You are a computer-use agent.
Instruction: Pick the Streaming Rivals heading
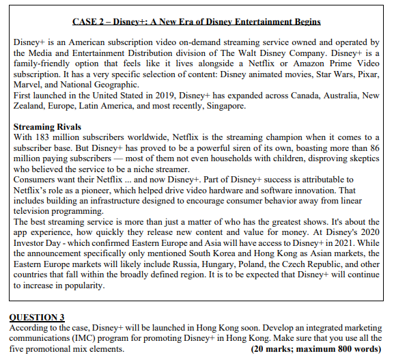pyautogui.click(x=47, y=126)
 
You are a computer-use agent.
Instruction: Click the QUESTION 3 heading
pyautogui.click(x=36, y=317)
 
